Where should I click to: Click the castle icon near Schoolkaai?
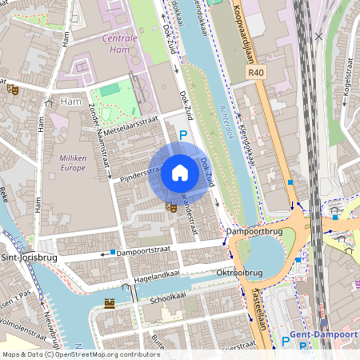click(x=110, y=303)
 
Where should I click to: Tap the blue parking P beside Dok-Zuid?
click(x=183, y=137)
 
